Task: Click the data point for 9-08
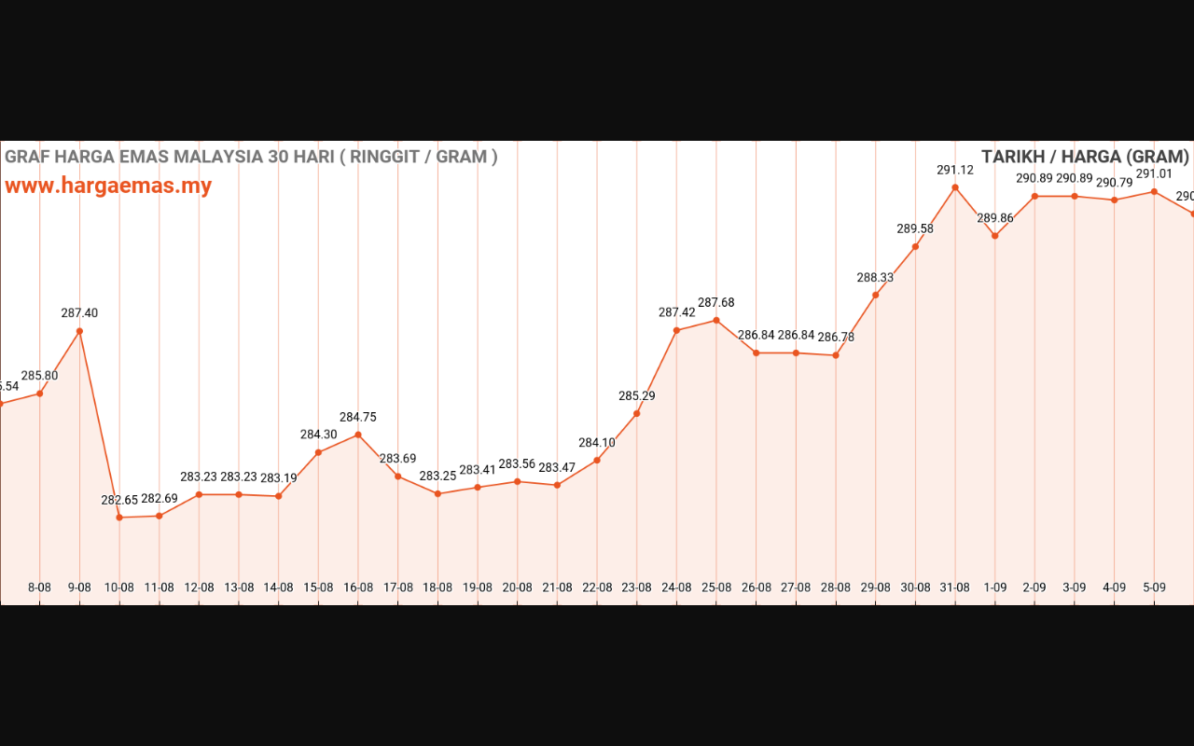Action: click(x=79, y=331)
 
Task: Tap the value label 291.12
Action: click(x=955, y=170)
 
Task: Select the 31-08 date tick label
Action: click(x=955, y=587)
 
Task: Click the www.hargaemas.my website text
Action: click(x=108, y=186)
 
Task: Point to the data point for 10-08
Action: click(x=119, y=518)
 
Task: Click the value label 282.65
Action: click(x=119, y=500)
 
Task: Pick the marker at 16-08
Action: click(x=358, y=435)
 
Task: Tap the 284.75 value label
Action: click(x=358, y=417)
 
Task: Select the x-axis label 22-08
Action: click(x=597, y=587)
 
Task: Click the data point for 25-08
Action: click(x=716, y=320)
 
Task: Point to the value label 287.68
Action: click(x=716, y=302)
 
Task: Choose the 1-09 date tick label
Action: click(x=995, y=587)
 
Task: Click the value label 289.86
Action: click(x=995, y=218)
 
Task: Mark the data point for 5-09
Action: click(x=1154, y=192)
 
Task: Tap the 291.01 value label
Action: click(x=1154, y=173)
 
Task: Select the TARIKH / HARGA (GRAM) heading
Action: click(x=1085, y=157)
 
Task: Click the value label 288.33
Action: click(x=875, y=277)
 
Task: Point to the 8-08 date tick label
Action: click(x=39, y=587)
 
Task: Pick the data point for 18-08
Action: click(x=437, y=493)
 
